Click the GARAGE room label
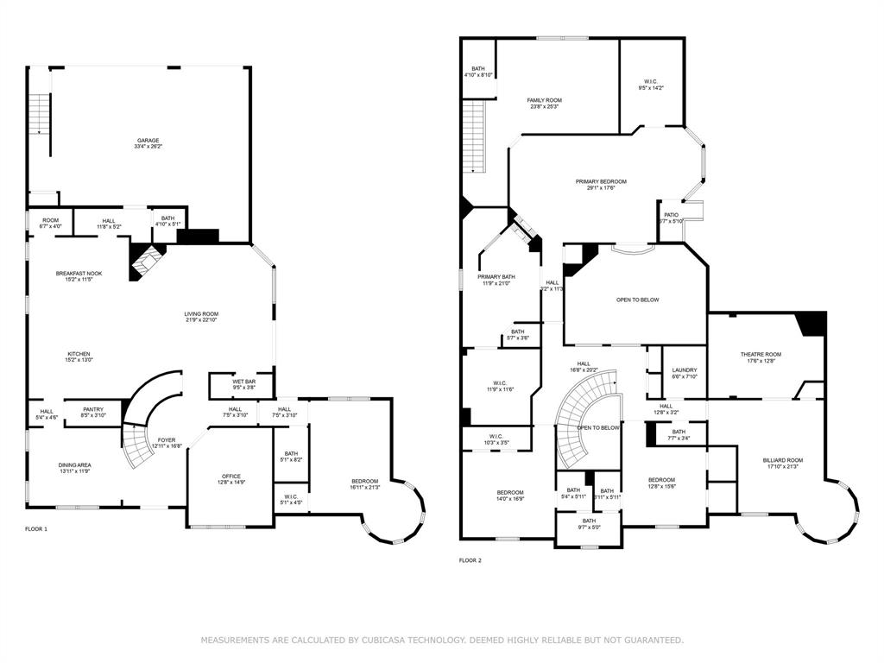[x=148, y=141]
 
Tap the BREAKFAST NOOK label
[x=79, y=274]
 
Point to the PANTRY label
[x=93, y=409]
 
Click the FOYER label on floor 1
[x=167, y=440]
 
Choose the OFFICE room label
[x=230, y=476]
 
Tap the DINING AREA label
[x=75, y=465]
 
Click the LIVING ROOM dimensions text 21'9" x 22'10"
[x=200, y=320]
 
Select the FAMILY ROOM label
[x=544, y=100]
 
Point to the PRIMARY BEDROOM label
[x=601, y=181]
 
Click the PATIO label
[x=671, y=215]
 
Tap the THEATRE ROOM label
[x=760, y=355]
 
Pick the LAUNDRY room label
[x=684, y=370]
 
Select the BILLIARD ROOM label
[x=783, y=460]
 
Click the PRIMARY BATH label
[x=496, y=277]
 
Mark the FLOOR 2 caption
[x=470, y=560]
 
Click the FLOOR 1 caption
[x=36, y=528]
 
